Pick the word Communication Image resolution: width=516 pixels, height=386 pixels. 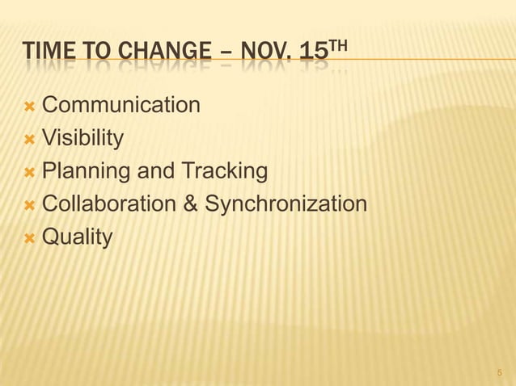(121, 105)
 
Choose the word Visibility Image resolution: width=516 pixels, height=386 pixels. (82, 138)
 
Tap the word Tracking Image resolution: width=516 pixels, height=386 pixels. (224, 171)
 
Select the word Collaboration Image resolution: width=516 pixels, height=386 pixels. (109, 204)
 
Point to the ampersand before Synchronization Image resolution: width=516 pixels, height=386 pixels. (191, 204)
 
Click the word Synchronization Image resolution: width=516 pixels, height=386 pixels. (286, 204)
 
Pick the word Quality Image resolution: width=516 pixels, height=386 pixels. (77, 237)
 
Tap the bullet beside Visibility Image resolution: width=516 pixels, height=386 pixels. (30, 140)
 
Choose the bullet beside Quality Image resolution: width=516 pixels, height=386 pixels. (30, 238)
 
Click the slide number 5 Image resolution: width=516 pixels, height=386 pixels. (499, 373)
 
